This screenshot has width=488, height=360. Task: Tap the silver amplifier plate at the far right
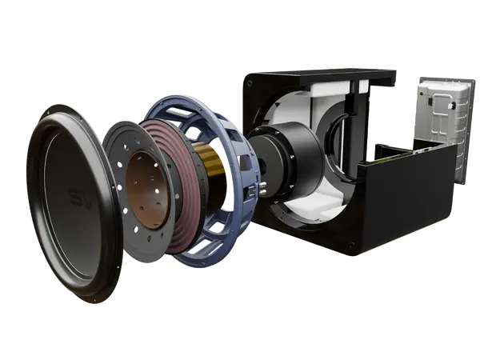tap(438, 120)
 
